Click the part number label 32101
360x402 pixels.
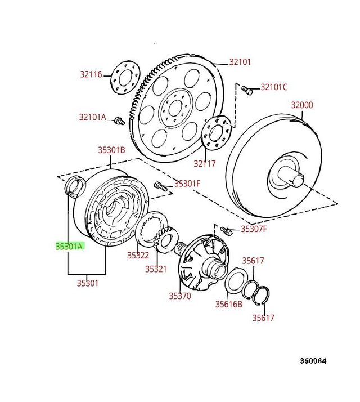[x=239, y=62]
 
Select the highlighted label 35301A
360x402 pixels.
[x=69, y=246]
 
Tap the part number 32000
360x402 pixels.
[x=301, y=105]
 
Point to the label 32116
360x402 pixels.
[x=91, y=74]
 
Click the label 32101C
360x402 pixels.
[x=273, y=87]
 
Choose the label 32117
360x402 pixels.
[x=205, y=164]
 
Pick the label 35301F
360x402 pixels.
[x=187, y=183]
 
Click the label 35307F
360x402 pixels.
[x=254, y=229]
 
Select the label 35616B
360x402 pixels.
[x=228, y=304]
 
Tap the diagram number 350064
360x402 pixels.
[x=312, y=361]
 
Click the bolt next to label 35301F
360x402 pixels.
[x=159, y=185]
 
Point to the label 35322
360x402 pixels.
[x=138, y=255]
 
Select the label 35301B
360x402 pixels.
[x=111, y=150]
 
